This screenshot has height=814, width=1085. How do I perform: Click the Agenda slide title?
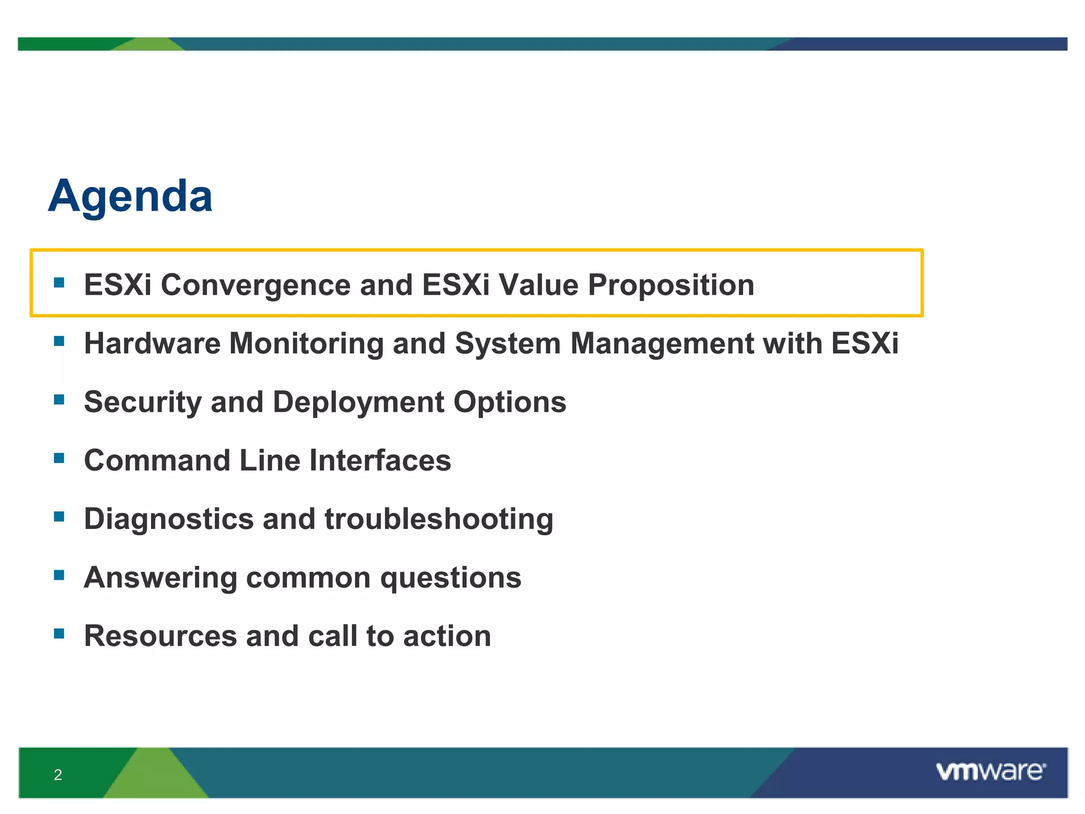tap(130, 197)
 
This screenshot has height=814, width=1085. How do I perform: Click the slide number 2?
tap(58, 775)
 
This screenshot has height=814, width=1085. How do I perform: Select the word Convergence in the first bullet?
tap(255, 285)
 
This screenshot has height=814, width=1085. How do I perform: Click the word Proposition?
tap(671, 285)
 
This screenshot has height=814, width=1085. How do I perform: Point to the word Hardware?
tap(152, 343)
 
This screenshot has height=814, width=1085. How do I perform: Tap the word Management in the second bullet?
tap(662, 343)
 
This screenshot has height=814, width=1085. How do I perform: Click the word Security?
tap(143, 402)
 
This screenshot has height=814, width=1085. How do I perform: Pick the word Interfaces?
tap(380, 460)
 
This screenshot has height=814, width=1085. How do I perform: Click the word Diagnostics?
tap(168, 519)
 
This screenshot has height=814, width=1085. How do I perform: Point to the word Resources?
tap(161, 636)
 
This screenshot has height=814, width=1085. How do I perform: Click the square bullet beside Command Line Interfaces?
tap(59, 457)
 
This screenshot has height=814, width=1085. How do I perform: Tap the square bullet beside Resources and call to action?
tap(59, 633)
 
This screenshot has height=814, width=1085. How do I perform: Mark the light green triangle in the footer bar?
tap(156, 776)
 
